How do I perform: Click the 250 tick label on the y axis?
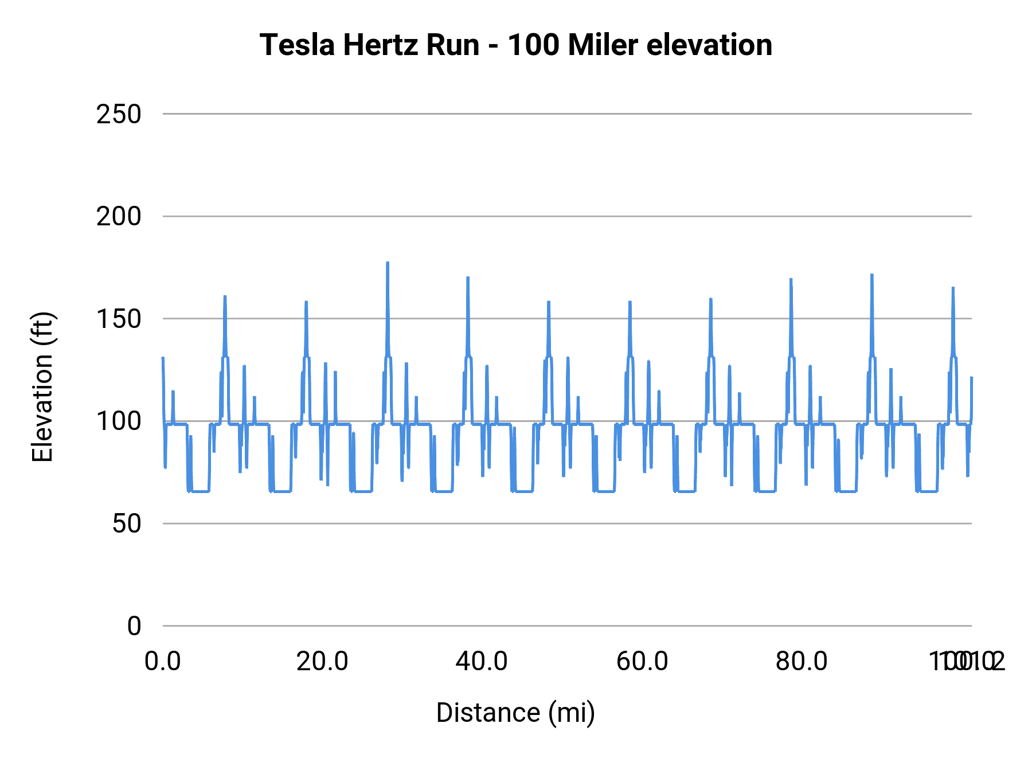coord(119,114)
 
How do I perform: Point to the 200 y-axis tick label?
coord(119,217)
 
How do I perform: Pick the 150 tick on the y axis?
coord(119,319)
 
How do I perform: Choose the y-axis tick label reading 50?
coord(127,523)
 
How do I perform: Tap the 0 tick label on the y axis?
coord(134,626)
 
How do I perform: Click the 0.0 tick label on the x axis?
coord(163,662)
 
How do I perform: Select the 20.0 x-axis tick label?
coord(322,662)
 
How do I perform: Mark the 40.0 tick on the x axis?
coord(482,662)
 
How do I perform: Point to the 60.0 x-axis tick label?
coord(642,662)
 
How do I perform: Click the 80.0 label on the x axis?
coord(802,662)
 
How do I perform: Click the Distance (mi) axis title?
coord(515,713)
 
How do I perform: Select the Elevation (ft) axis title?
coord(42,387)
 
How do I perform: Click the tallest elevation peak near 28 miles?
coord(388,263)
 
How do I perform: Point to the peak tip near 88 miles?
coord(871,275)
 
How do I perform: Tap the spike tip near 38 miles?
coord(468,278)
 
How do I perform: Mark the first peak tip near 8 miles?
coord(225,297)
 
